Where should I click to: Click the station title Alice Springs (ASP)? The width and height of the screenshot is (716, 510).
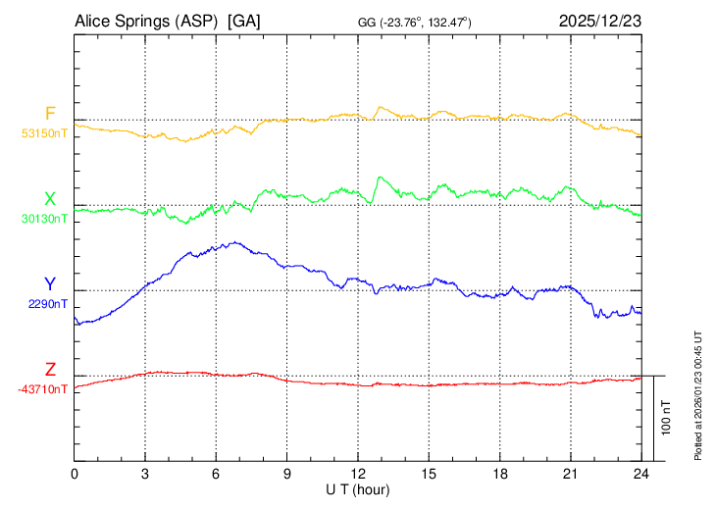pos(145,20)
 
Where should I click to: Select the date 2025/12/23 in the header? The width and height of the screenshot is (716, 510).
pos(600,20)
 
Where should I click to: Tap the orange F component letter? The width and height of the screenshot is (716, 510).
pos(50,114)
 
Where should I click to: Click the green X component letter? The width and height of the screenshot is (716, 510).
pos(50,198)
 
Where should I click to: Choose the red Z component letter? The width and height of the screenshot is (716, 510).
pos(50,370)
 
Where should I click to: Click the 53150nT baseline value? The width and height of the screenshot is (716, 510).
pos(45,133)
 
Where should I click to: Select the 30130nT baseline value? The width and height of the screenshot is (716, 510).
pos(45,219)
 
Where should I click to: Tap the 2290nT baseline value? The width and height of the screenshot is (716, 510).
pos(48,304)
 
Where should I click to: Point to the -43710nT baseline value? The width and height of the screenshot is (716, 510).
pos(43,389)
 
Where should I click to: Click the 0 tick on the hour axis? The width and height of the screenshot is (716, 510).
pos(76,473)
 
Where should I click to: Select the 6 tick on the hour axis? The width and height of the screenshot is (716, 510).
pos(217,473)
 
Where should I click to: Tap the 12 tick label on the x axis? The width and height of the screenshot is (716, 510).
pos(358,473)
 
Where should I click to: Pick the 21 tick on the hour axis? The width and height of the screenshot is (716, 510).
pos(570,473)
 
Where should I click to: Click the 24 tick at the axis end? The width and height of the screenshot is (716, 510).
pos(640,473)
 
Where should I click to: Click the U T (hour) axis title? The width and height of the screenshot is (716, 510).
pos(358,488)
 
